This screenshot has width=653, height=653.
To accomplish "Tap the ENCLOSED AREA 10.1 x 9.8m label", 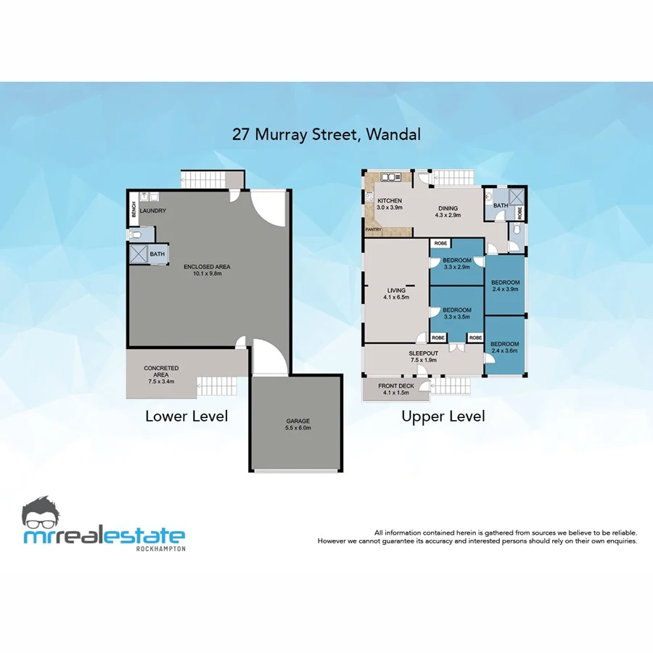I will click(208, 271).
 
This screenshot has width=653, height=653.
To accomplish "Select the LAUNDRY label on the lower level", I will click(153, 211).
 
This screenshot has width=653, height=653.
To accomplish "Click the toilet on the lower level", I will click(137, 234).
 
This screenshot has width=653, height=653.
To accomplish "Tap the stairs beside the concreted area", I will click(217, 386).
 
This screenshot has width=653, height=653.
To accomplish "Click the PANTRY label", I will click(374, 230).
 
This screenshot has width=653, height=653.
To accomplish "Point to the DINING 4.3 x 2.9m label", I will click(447, 212).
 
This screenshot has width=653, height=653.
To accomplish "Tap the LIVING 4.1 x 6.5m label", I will click(396, 294).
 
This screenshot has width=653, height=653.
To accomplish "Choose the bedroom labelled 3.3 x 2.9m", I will click(457, 263).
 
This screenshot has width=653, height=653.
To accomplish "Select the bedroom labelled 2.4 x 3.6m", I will click(504, 347).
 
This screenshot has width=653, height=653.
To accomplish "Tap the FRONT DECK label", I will click(395, 389).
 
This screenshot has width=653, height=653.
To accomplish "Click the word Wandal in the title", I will click(393, 134).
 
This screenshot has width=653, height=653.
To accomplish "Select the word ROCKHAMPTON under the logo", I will click(160, 549).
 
